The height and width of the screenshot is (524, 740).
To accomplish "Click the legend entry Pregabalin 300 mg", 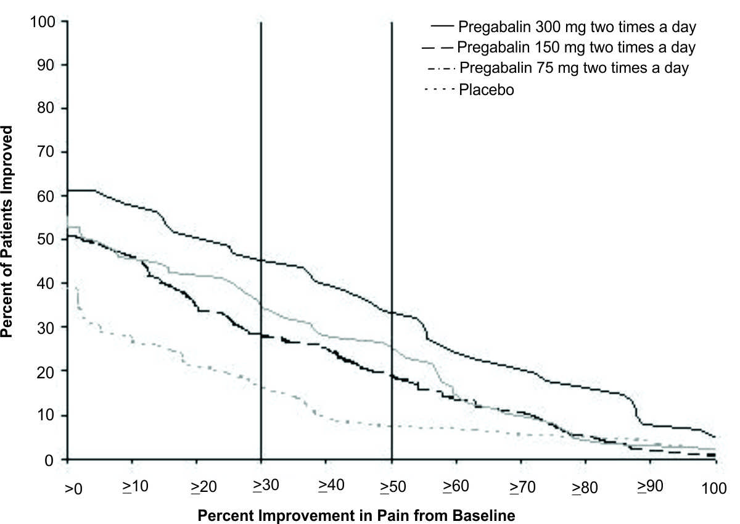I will pyautogui.click(x=577, y=27).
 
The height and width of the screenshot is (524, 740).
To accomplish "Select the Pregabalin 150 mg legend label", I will pyautogui.click(x=577, y=47).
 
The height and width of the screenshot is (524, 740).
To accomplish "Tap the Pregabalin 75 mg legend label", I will pyautogui.click(x=574, y=67).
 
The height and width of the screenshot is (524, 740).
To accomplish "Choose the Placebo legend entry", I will pyautogui.click(x=487, y=89).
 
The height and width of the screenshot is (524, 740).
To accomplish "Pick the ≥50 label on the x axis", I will pyautogui.click(x=392, y=486).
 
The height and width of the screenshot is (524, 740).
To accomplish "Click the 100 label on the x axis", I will pyautogui.click(x=715, y=487).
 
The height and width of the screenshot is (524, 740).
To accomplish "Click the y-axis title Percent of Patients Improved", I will pyautogui.click(x=9, y=231).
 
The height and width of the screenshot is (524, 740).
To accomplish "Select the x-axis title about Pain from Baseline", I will pyautogui.click(x=356, y=513).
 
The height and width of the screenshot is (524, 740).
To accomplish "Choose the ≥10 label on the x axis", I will pyautogui.click(x=134, y=486).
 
